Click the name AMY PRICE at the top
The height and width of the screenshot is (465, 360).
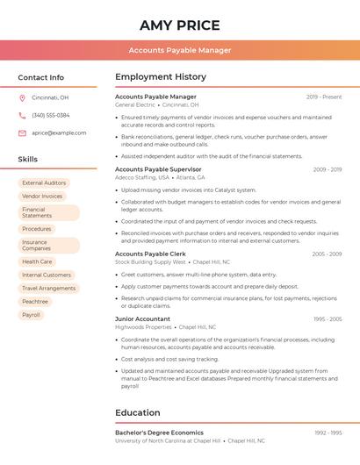pos(180,25)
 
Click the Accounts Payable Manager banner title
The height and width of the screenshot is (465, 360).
pos(180,50)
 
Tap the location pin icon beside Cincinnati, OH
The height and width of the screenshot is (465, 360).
pos(22,97)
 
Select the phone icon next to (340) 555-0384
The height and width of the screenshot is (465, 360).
pos(22,115)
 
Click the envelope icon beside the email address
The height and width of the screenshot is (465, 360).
pos(22,132)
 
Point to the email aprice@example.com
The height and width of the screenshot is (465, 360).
pos(59,132)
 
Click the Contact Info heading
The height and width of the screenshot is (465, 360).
pos(41,77)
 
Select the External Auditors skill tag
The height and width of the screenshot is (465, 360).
pos(44,183)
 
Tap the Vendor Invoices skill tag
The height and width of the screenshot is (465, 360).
pos(42,197)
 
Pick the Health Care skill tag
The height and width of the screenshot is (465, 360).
pos(37,261)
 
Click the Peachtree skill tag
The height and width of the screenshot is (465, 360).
pos(35,301)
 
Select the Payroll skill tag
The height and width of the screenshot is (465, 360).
pos(32,314)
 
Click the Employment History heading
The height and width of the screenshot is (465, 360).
pos(161,77)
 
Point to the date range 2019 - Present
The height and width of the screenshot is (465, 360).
pos(324,97)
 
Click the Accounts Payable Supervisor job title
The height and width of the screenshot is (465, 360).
pos(158,169)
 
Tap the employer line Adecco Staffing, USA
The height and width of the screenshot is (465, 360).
pos(144,177)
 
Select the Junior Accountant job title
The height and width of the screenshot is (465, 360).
pos(142,319)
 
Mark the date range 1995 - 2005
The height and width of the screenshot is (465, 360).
pos(327,319)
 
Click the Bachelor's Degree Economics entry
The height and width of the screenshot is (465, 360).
pos(159,433)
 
